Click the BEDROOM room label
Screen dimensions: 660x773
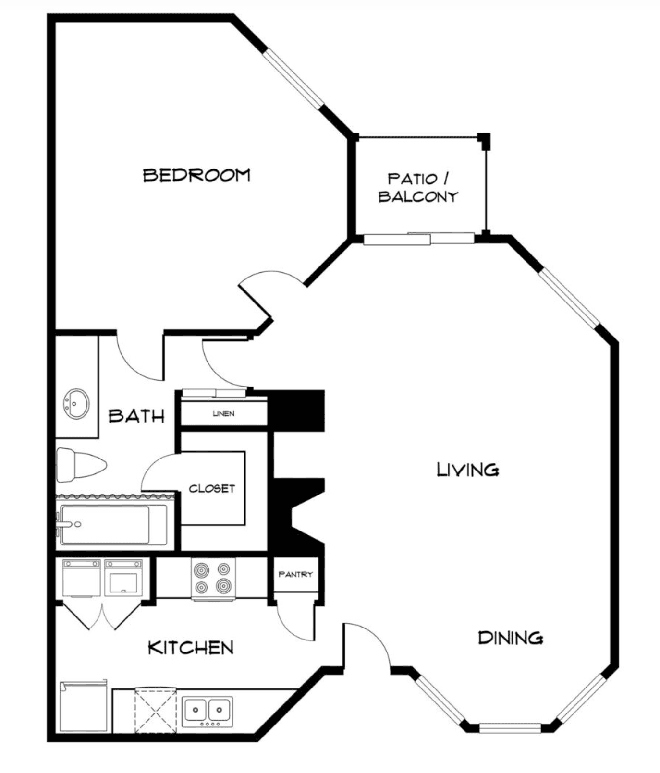point(197,175)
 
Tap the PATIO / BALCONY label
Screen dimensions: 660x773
point(418,188)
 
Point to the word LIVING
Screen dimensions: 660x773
point(467,469)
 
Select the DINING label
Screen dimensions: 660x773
point(511,638)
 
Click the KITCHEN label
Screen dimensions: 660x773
point(191,647)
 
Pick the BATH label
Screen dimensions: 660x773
point(136,415)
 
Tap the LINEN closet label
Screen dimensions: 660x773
point(224,413)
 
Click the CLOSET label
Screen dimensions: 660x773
point(212,489)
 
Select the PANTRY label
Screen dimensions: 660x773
point(295,574)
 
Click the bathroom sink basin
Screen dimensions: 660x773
point(76,403)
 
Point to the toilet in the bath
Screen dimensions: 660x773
point(81,465)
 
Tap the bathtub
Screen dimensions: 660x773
point(113,525)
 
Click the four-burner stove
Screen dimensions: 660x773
point(213,579)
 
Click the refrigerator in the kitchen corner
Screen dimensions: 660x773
point(83,706)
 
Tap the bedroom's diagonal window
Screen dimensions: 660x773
point(293,79)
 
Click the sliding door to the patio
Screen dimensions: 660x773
point(419,238)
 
